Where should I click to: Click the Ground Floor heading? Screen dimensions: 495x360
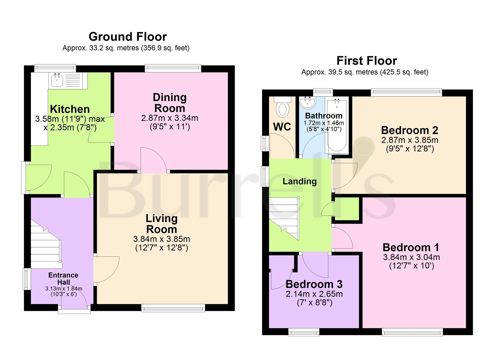[128, 37]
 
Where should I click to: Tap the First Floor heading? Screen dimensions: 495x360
[367, 61]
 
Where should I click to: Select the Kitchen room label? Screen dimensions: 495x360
[70, 109]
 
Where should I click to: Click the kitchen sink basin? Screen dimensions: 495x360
[57, 80]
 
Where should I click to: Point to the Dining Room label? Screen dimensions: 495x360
[170, 103]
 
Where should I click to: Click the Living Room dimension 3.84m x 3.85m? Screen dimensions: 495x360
[162, 239]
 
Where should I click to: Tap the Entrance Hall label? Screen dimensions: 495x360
[63, 278]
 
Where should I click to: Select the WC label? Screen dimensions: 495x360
[282, 127]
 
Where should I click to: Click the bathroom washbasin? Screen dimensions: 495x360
[307, 102]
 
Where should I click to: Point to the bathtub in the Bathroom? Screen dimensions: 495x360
[337, 125]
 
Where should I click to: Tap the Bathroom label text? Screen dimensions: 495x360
[324, 116]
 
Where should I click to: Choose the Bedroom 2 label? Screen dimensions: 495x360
[409, 130]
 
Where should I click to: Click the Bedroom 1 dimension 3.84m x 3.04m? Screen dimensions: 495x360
[411, 257]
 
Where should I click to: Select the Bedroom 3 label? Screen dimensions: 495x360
[314, 284]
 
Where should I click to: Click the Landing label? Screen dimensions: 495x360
[299, 181]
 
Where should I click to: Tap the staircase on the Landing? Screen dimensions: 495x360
[284, 218]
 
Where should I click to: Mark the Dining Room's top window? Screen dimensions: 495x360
[173, 68]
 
